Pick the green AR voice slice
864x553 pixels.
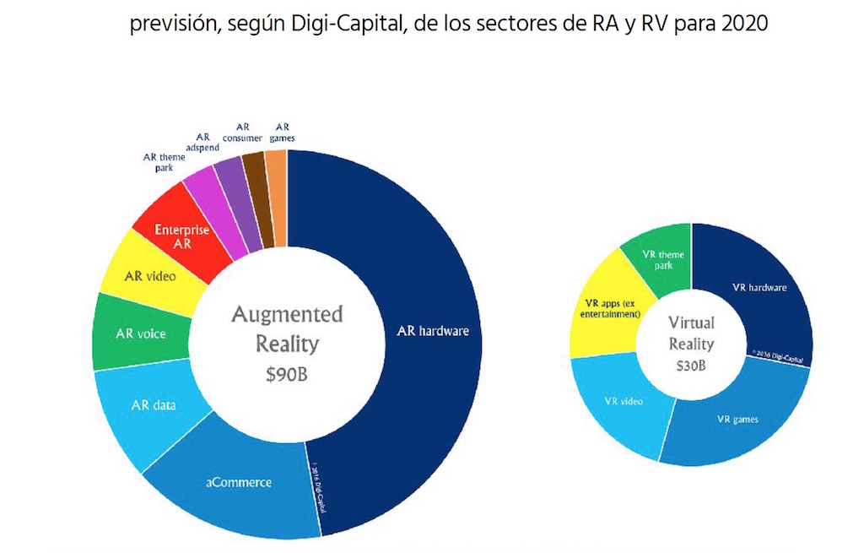point(140,333)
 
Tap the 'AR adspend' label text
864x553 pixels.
point(202,141)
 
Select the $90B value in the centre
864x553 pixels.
point(287,375)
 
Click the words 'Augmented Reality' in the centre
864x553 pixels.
point(287,329)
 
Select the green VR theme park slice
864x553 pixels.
point(662,258)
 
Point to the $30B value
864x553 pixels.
point(691,366)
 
